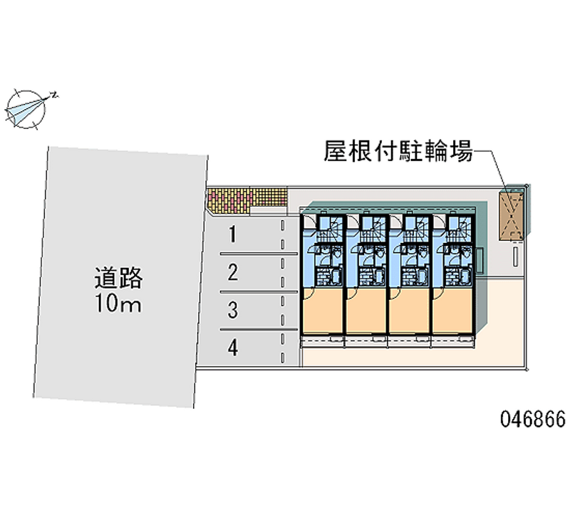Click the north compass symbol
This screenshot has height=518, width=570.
(26, 109)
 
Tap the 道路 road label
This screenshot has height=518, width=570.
(118, 278)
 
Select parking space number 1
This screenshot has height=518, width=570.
(233, 234)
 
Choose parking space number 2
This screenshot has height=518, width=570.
(233, 272)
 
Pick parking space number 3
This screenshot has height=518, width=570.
(233, 310)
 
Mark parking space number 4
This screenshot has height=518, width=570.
(233, 348)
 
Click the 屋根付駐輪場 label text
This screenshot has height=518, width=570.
(398, 151)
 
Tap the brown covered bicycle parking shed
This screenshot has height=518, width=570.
(512, 217)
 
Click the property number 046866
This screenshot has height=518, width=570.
(533, 419)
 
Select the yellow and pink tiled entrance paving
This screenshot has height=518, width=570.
(247, 200)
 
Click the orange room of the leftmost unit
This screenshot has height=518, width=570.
(323, 310)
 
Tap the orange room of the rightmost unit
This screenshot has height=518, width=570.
(453, 310)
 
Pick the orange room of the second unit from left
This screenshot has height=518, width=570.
(366, 310)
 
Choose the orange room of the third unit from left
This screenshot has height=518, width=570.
(410, 310)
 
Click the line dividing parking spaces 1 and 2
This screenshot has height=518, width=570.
(259, 254)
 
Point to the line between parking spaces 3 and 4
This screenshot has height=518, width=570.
(259, 329)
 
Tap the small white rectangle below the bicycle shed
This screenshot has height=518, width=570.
(515, 257)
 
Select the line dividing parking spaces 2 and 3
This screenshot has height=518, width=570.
(259, 291)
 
